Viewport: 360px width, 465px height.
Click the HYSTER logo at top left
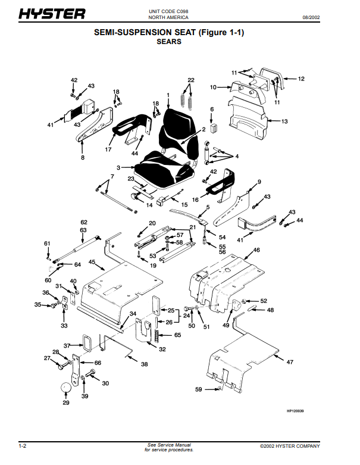(x=52, y=14)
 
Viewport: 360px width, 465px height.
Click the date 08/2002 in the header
(x=311, y=17)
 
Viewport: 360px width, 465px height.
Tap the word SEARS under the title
(x=169, y=42)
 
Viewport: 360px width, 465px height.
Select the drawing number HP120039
(x=295, y=411)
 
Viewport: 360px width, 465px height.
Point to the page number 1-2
(x=23, y=446)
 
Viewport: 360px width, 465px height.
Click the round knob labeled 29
(x=66, y=388)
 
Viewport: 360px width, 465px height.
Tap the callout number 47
(x=290, y=362)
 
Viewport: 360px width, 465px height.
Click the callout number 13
(x=284, y=121)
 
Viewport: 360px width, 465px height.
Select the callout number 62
(x=84, y=222)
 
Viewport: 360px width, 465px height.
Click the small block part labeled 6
(x=214, y=129)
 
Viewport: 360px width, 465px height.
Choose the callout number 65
(x=177, y=335)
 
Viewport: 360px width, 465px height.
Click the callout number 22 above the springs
(x=191, y=80)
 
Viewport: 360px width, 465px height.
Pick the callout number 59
(x=199, y=389)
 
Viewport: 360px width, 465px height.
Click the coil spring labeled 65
(x=156, y=335)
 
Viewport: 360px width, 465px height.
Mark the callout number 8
(x=83, y=157)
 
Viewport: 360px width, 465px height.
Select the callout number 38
(x=144, y=364)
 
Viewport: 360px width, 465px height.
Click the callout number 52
(x=264, y=301)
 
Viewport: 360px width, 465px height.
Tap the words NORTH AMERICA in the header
(x=168, y=17)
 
